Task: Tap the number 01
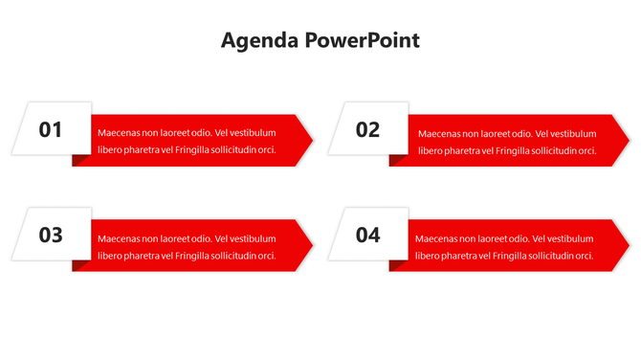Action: click(51, 129)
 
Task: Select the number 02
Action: click(367, 129)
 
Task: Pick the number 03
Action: click(51, 235)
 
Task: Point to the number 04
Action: click(367, 235)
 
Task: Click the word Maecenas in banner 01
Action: click(119, 133)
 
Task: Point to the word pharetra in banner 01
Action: click(140, 150)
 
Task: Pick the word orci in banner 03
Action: click(267, 256)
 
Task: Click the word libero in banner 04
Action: click(428, 256)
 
